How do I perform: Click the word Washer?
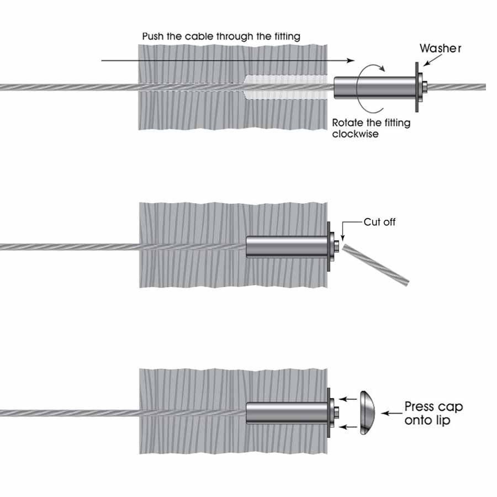tap(440, 48)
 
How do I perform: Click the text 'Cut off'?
tap(379, 223)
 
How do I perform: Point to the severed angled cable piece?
tap(376, 266)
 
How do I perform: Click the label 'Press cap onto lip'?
tap(433, 413)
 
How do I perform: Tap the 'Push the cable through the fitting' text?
tap(221, 36)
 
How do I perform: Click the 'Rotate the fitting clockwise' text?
tap(371, 128)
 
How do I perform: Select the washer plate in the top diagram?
tap(415, 87)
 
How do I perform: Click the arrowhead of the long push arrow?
tap(349, 60)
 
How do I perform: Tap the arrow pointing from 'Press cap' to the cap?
tap(393, 413)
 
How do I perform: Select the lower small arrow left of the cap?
tap(346, 426)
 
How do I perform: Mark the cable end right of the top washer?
tap(458, 87)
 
